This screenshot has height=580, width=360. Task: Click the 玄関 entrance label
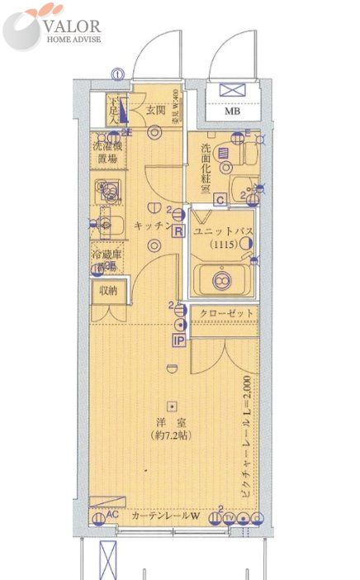click(157, 109)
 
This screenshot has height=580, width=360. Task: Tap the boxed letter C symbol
click(220, 198)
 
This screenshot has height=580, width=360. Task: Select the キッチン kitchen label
click(151, 224)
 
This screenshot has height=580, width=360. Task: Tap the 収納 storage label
click(108, 290)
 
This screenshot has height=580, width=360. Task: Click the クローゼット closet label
click(225, 313)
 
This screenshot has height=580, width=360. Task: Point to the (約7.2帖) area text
click(171, 435)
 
